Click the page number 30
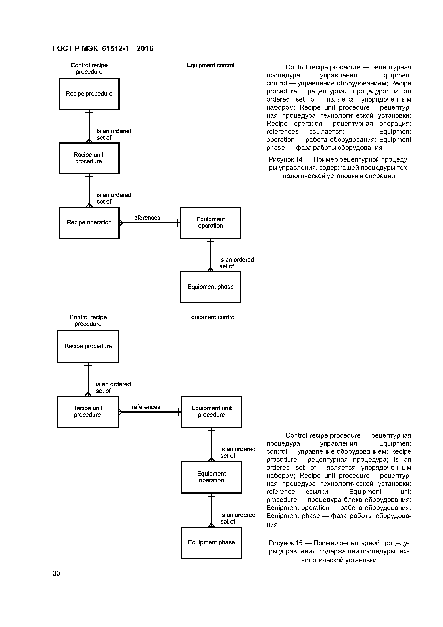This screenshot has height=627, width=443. click(56, 573)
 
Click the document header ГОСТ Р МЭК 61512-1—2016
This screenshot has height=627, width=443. click(103, 49)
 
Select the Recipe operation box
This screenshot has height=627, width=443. click(89, 223)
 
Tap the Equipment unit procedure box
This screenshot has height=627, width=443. click(211, 412)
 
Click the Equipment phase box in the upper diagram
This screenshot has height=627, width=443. click(210, 287)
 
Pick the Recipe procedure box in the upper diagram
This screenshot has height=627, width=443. click(89, 94)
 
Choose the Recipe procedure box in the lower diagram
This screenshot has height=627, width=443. click(88, 346)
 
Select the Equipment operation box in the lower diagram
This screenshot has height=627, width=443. click(211, 477)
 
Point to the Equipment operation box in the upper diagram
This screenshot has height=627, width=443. click(210, 223)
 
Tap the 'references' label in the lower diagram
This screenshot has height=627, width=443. click(146, 407)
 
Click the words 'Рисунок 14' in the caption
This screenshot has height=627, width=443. click(285, 159)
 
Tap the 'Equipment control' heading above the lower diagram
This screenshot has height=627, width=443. click(211, 317)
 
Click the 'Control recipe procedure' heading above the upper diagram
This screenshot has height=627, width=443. click(89, 68)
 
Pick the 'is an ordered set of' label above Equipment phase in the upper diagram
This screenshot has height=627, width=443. click(236, 263)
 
